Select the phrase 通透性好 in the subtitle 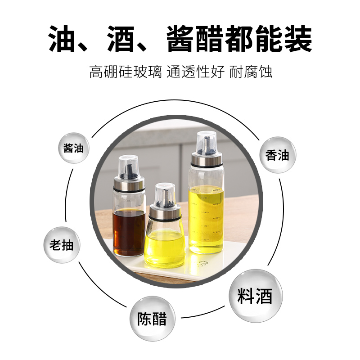tap(195, 72)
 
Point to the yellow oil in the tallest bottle tap(207, 216)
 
